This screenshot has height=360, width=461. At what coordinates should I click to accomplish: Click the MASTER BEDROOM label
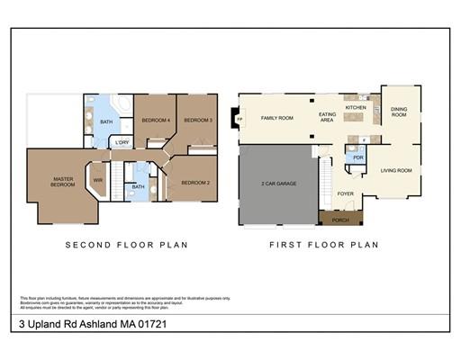[x=63, y=182]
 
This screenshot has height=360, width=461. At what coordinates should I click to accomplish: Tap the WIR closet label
[x=98, y=179]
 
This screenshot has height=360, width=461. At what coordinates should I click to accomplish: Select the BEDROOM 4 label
[x=156, y=120]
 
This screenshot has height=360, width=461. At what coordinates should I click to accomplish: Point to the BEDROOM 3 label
[x=198, y=120]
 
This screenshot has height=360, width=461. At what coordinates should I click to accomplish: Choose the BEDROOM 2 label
[x=195, y=183]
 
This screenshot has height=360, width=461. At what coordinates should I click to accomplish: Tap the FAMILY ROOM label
[x=277, y=118]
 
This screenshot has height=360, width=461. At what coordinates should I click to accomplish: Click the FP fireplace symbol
[x=238, y=118]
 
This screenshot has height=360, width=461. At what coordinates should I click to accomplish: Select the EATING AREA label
[x=328, y=117]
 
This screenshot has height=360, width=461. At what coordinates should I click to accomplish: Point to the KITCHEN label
[x=357, y=107]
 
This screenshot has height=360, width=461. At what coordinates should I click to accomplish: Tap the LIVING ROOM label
[x=396, y=169]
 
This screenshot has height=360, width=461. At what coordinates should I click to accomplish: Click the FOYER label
[x=345, y=193]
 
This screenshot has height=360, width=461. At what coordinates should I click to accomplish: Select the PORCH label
[x=340, y=220]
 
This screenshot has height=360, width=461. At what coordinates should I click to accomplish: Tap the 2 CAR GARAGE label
[x=279, y=184]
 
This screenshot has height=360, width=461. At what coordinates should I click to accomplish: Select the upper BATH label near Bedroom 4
[x=106, y=121]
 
